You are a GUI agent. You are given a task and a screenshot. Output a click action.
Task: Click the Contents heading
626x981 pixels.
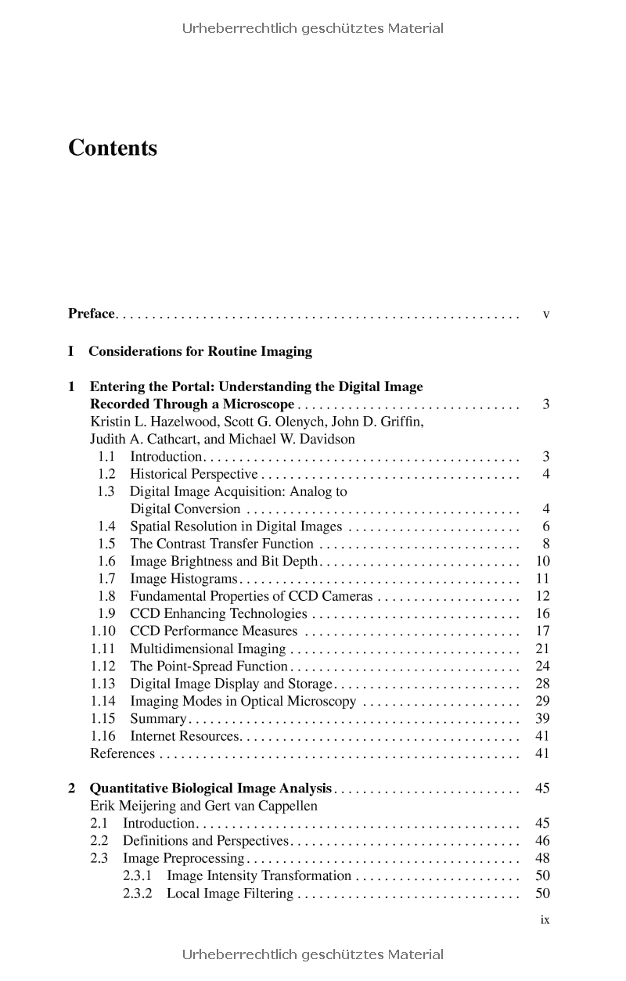point(113,148)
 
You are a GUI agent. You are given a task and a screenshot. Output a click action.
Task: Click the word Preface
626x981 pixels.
point(92,314)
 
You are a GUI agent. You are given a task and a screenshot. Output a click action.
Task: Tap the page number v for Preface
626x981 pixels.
point(545,314)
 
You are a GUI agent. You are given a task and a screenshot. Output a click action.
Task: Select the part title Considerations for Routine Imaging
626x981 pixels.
point(200,351)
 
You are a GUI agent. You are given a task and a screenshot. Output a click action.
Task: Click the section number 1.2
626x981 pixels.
point(107,474)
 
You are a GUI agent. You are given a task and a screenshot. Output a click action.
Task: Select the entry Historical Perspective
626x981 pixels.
point(193,474)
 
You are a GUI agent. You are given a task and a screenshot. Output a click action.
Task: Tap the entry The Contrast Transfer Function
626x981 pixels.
point(221,544)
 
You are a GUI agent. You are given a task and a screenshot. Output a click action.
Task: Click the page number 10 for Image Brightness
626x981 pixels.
point(542,561)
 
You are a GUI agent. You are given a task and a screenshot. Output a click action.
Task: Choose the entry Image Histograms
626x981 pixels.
point(183,579)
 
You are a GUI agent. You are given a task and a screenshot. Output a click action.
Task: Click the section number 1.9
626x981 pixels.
point(107,614)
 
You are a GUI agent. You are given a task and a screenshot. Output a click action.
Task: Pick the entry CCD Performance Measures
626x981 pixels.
point(214,631)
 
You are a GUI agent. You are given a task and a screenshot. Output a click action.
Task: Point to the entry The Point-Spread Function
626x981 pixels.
point(209,667)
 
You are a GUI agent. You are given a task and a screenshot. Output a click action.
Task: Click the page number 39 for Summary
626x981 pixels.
point(542,719)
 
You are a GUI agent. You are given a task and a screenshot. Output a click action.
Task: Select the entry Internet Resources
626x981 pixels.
point(184,736)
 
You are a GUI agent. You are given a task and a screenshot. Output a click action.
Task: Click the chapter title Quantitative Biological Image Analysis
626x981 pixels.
point(211,789)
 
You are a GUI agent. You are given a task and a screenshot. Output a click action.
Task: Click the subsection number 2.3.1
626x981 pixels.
point(138,876)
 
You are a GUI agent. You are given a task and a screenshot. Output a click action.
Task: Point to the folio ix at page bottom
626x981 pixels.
point(545,920)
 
